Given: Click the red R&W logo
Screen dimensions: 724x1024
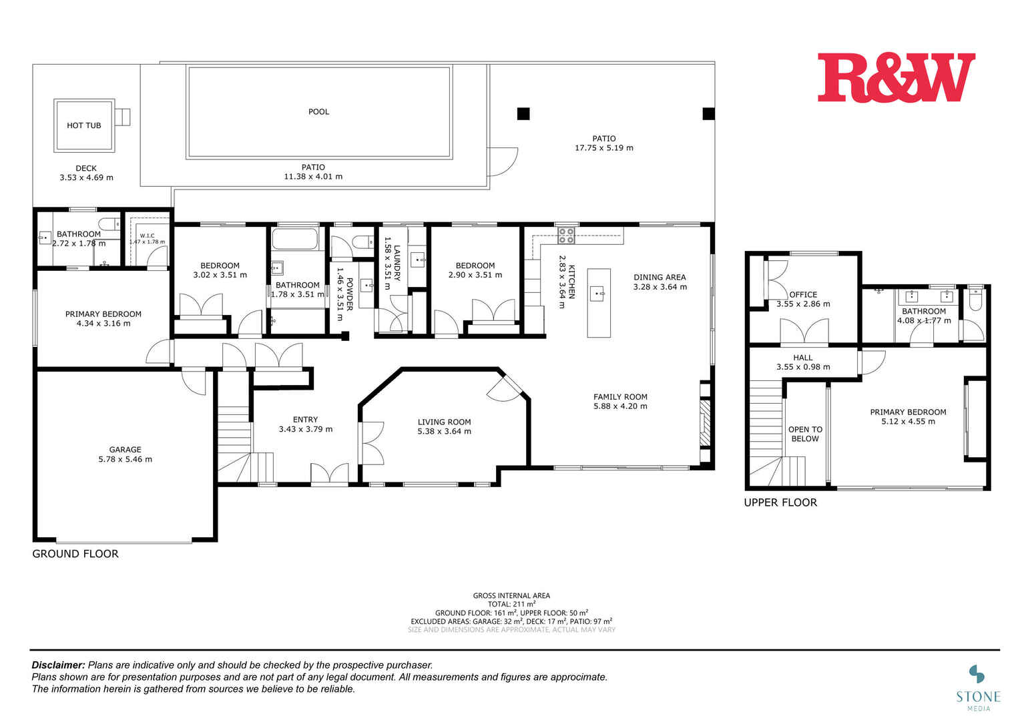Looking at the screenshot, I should [896, 78].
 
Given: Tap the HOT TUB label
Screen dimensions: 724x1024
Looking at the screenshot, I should [84, 125].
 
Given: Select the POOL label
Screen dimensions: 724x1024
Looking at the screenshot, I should [318, 111].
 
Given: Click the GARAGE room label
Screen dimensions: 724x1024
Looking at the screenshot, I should [125, 450].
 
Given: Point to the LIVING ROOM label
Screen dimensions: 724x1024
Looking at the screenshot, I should [444, 422].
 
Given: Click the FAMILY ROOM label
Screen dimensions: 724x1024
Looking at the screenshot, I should [620, 397].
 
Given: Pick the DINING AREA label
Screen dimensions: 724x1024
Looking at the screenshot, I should [660, 278].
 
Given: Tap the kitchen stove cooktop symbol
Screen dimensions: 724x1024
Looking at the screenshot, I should [566, 234].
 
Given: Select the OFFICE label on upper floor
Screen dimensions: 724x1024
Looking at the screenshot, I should [803, 294].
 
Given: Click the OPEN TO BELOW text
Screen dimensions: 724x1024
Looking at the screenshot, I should [805, 434].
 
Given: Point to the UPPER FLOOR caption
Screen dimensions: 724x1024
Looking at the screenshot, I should [780, 502].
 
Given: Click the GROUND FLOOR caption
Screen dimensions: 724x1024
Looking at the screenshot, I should [75, 554].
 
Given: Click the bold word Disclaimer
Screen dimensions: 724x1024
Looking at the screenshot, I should [59, 665].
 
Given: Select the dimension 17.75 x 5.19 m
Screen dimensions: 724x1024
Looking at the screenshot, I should [603, 148].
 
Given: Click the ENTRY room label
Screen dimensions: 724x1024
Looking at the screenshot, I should [305, 420].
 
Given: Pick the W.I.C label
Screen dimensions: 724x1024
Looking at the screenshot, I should [147, 236].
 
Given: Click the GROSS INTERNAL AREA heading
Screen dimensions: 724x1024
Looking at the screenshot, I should [511, 595].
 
